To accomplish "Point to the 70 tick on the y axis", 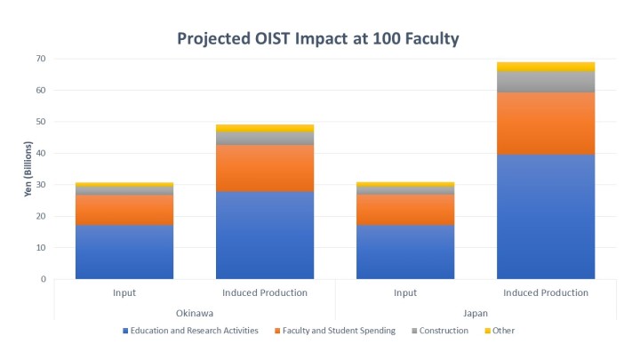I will click(41, 59).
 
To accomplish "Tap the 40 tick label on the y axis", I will click(41, 153).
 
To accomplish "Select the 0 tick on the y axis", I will click(44, 279).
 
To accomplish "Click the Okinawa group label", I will click(194, 312).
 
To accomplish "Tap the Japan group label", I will click(475, 312).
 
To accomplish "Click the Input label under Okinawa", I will click(124, 292).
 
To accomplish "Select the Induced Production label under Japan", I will click(545, 292).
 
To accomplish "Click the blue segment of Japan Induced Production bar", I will click(545, 217).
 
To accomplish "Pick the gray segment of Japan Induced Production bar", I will click(545, 81).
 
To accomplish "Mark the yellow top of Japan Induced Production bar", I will click(545, 67).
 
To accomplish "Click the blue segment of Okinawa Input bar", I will click(124, 252).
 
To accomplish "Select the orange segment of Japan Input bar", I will click(404, 209).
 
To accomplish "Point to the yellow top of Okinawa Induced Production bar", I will click(264, 128).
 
